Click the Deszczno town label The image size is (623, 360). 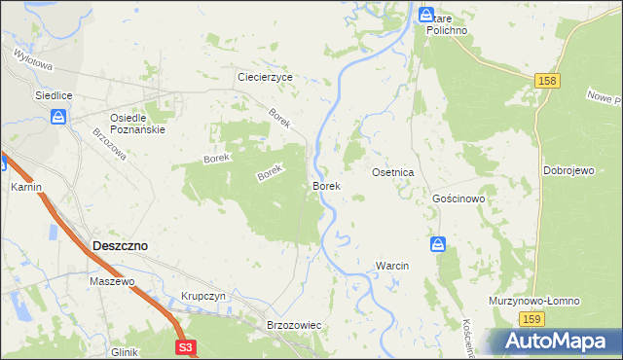click(x=120, y=246)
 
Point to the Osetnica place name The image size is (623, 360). click(x=393, y=172)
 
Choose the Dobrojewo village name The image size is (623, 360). click(x=569, y=170)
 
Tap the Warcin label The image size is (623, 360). click(x=392, y=266)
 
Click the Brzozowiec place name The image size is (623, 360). click(x=293, y=324)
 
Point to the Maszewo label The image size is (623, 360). click(x=111, y=281)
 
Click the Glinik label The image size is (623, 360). click(x=125, y=352)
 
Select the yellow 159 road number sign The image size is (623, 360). click(x=531, y=320)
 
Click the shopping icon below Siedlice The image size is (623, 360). click(x=58, y=118)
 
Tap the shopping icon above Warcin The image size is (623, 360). click(x=438, y=244)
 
